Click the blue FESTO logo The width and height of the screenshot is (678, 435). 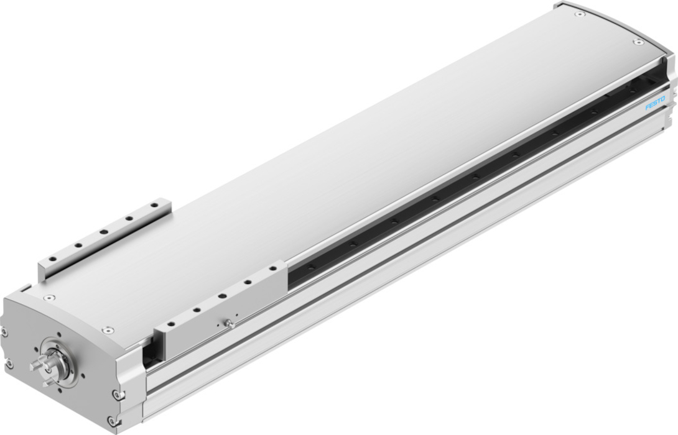[x=656, y=104]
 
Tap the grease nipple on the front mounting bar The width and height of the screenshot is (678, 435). [x=230, y=323]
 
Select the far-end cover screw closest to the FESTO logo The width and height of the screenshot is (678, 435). [x=638, y=42]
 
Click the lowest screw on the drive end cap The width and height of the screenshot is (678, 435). [x=113, y=420]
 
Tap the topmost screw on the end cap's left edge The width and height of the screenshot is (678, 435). [x=4, y=332]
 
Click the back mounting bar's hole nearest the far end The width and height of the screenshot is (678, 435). [x=154, y=206]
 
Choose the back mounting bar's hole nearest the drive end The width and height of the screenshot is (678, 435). [x=52, y=259]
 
